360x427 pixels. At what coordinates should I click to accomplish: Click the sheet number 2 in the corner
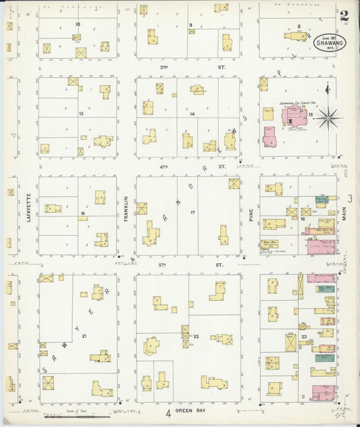tap(344, 15)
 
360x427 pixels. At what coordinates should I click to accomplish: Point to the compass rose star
tap(328, 119)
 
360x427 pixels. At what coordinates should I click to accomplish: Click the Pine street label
tap(251, 214)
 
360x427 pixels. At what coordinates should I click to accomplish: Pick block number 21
tap(84, 336)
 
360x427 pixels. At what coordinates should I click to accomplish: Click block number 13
tap(81, 114)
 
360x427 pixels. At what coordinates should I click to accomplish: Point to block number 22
tap(196, 336)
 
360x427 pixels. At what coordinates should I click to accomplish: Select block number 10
tap(78, 24)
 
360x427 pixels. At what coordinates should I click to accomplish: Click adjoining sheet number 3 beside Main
tap(350, 198)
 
